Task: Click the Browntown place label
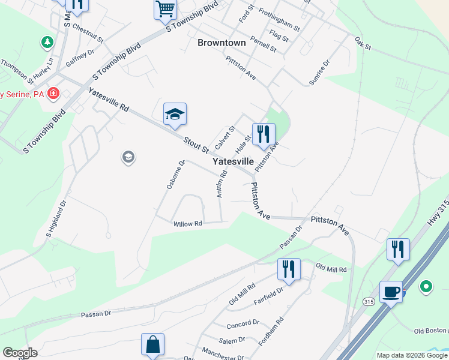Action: click(x=221, y=43)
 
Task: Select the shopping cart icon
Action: click(x=166, y=10)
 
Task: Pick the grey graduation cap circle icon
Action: click(x=128, y=158)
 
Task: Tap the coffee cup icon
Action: click(x=391, y=292)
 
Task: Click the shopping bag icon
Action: click(x=152, y=345)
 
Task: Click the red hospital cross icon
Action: click(x=53, y=94)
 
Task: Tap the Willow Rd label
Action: click(x=188, y=224)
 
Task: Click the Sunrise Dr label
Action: click(x=320, y=73)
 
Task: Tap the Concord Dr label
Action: click(x=243, y=325)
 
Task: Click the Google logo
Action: click(x=20, y=353)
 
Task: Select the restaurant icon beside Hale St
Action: click(x=263, y=134)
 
